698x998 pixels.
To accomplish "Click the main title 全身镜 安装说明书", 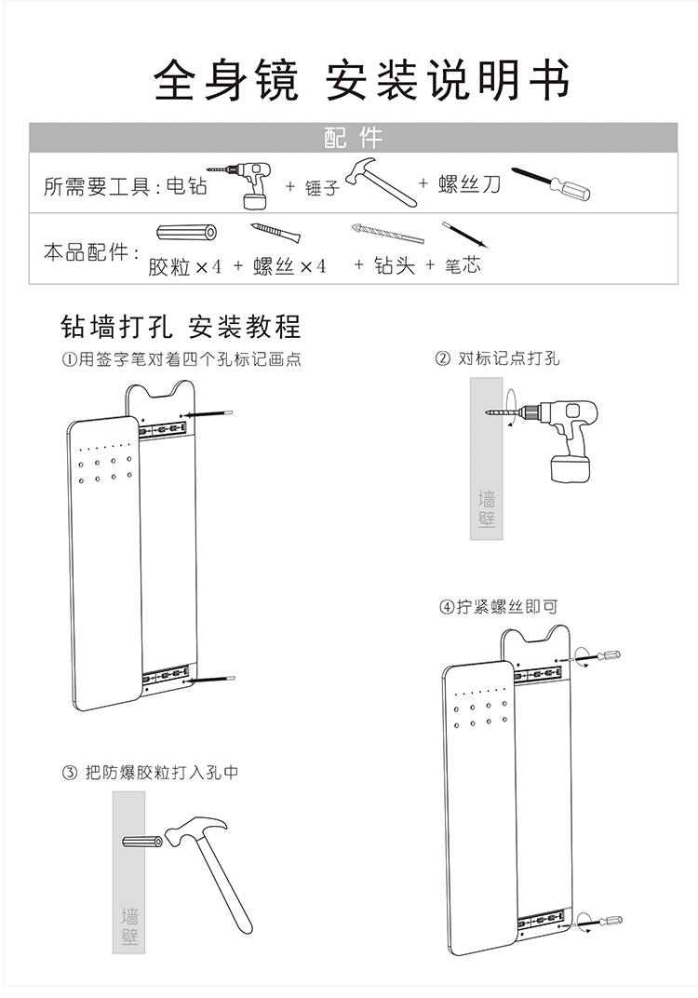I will tap(361, 79).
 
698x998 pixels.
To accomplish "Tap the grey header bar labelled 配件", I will tap(353, 138).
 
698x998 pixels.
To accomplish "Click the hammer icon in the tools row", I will tap(381, 181).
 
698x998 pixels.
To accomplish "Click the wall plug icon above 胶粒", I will tap(186, 233).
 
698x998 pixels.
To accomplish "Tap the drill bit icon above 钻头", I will tap(386, 234).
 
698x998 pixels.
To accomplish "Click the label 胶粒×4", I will tap(185, 266).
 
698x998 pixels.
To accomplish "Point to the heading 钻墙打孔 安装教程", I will tap(181, 327).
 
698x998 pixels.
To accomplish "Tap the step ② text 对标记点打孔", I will tap(498, 358).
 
